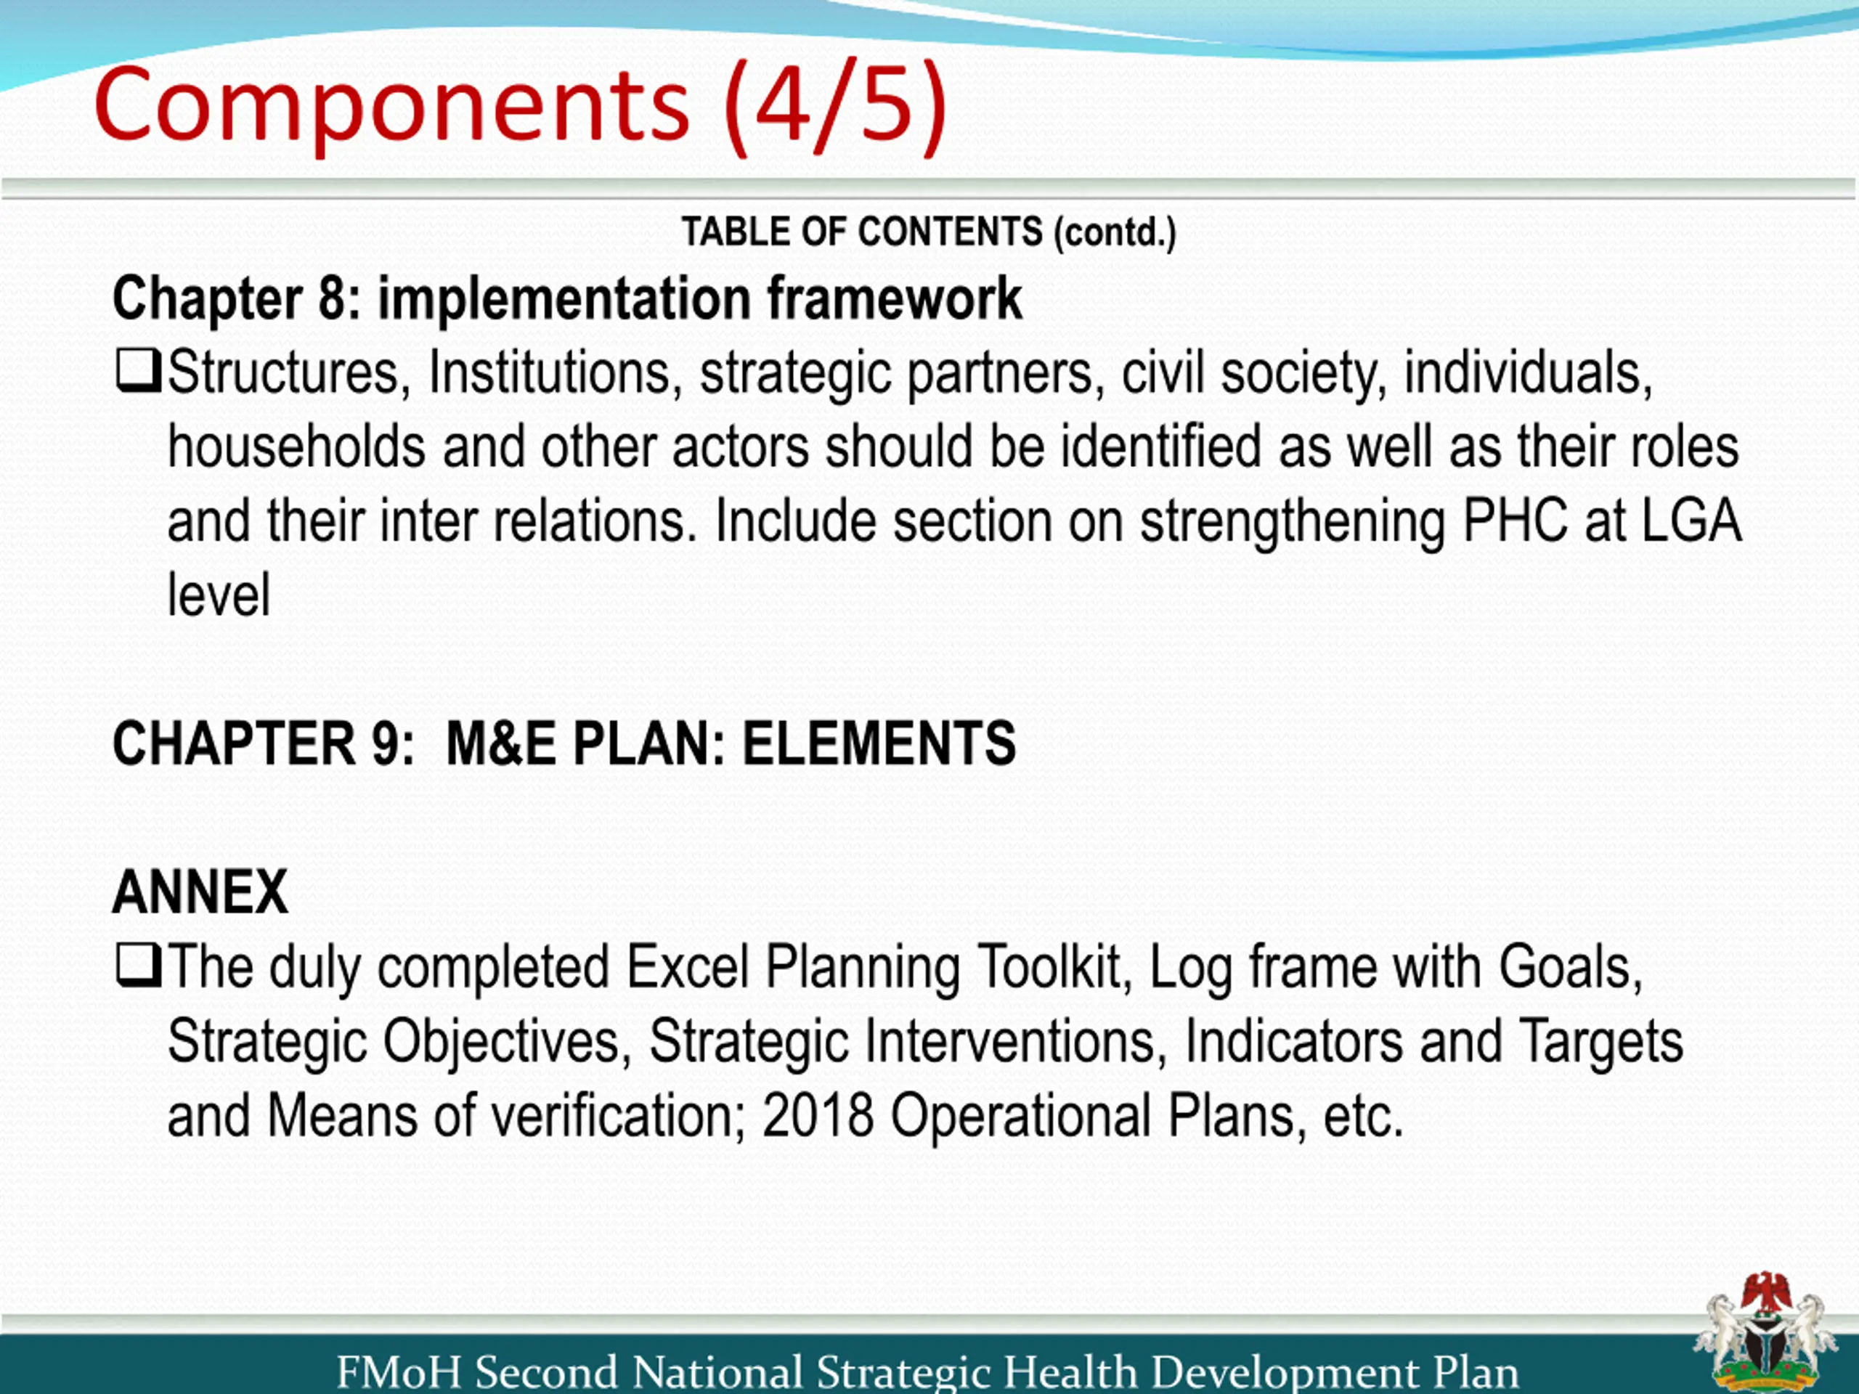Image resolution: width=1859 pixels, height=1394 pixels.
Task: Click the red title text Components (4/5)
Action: (x=521, y=107)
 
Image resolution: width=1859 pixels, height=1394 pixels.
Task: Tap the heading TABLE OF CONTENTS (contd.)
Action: (x=929, y=232)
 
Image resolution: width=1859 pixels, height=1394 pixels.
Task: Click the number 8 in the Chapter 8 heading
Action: (x=331, y=299)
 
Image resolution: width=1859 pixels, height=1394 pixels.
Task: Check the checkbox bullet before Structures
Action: (x=138, y=372)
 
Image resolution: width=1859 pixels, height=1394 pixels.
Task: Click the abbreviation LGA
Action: (x=1691, y=521)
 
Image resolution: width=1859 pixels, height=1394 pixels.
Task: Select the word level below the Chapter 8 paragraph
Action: (x=219, y=595)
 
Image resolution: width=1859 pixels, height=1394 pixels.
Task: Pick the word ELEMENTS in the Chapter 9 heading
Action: (x=879, y=743)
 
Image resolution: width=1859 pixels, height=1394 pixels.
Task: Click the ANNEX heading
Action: (x=200, y=892)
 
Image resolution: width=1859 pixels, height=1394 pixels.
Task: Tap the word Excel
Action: (x=688, y=967)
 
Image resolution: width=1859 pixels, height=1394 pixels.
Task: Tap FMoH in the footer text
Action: (x=399, y=1372)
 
